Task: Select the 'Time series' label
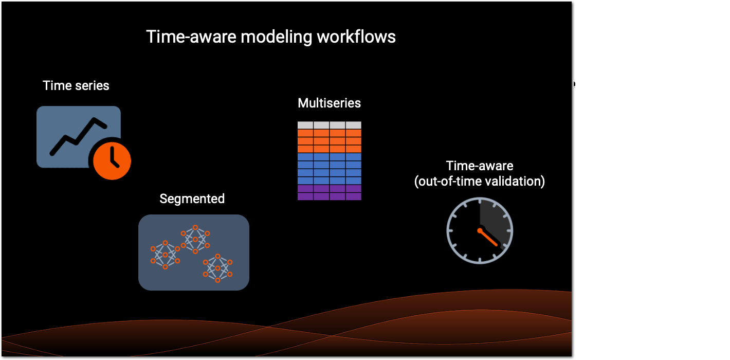pyautogui.click(x=76, y=85)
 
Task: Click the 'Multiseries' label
pyautogui.click(x=329, y=103)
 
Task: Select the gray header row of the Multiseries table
pyautogui.click(x=329, y=125)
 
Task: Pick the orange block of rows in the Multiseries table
pyautogui.click(x=329, y=141)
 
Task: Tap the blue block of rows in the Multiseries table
pyautogui.click(x=329, y=169)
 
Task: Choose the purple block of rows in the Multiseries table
pyautogui.click(x=329, y=192)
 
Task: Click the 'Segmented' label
pyautogui.click(x=192, y=199)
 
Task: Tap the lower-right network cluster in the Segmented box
pyautogui.click(x=217, y=268)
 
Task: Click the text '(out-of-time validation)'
pyautogui.click(x=480, y=182)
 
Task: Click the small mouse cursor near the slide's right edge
pyautogui.click(x=574, y=84)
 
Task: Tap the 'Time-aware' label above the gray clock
pyautogui.click(x=480, y=166)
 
